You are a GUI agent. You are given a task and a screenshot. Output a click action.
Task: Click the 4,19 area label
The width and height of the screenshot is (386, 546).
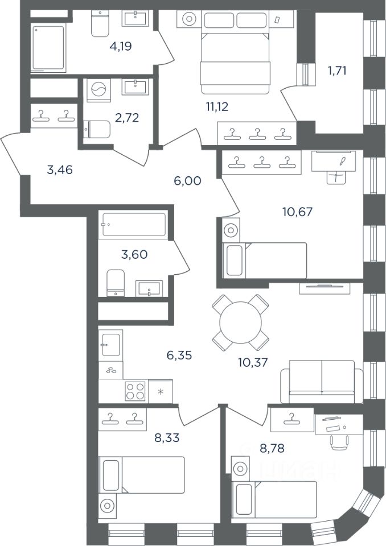tap(120, 46)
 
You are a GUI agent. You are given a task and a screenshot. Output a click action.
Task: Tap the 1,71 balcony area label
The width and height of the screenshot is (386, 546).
tap(337, 71)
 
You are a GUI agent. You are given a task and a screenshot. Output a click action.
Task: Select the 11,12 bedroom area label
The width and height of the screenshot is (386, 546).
tap(217, 106)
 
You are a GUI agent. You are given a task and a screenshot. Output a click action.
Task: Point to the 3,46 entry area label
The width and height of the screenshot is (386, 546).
tap(60, 169)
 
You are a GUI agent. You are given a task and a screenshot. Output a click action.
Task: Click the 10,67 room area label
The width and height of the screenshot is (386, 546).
tap(297, 212)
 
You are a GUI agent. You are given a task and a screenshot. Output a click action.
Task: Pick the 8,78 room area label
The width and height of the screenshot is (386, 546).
tap(272, 448)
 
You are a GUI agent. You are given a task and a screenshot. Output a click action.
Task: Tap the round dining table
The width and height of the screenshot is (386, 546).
tap(241, 322)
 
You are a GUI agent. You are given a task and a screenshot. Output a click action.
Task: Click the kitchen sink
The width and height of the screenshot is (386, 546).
tap(111, 345)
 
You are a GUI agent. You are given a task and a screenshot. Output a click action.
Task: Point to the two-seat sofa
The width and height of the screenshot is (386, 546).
tap(322, 381)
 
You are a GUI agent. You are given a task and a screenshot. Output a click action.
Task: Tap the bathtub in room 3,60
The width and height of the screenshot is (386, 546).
tap(134, 225)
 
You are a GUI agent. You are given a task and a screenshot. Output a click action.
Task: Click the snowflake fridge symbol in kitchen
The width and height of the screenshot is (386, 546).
tap(161, 392)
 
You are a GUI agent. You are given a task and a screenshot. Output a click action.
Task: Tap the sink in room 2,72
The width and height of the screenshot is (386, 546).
tap(135, 86)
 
